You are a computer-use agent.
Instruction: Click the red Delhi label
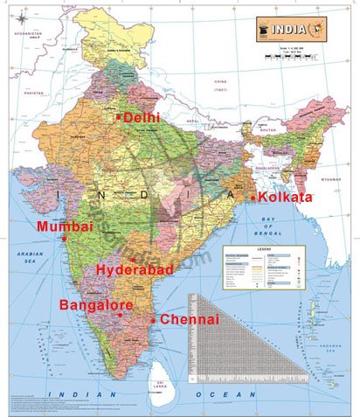(142, 116)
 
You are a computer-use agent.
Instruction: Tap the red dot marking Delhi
(119, 116)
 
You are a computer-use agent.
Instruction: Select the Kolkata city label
(285, 198)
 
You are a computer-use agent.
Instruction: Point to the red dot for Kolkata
(253, 198)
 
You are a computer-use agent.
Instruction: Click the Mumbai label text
(64, 226)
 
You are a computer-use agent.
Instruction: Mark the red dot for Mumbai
(64, 239)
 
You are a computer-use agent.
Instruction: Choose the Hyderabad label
(135, 269)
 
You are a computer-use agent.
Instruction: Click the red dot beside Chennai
(154, 320)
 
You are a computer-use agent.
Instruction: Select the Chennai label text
(190, 320)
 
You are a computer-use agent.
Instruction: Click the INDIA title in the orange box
(293, 24)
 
